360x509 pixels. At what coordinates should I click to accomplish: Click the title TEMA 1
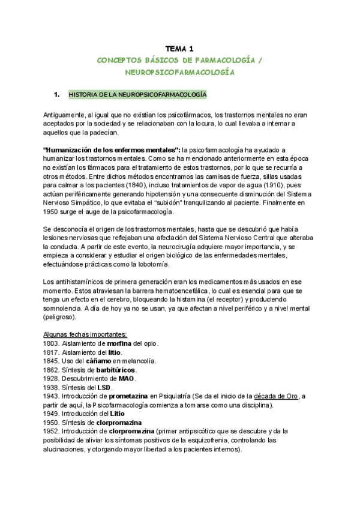tap(179, 49)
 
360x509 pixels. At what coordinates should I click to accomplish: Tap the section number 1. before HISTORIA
tap(57, 95)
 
